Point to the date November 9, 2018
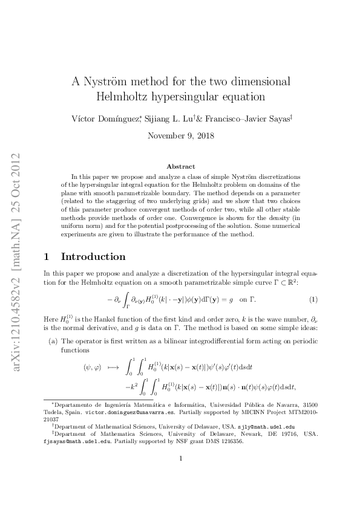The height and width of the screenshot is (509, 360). point(180,135)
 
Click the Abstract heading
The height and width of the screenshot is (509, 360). point(180,166)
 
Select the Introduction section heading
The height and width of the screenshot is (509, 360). point(93,257)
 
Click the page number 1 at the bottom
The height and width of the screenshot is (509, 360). point(180,492)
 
